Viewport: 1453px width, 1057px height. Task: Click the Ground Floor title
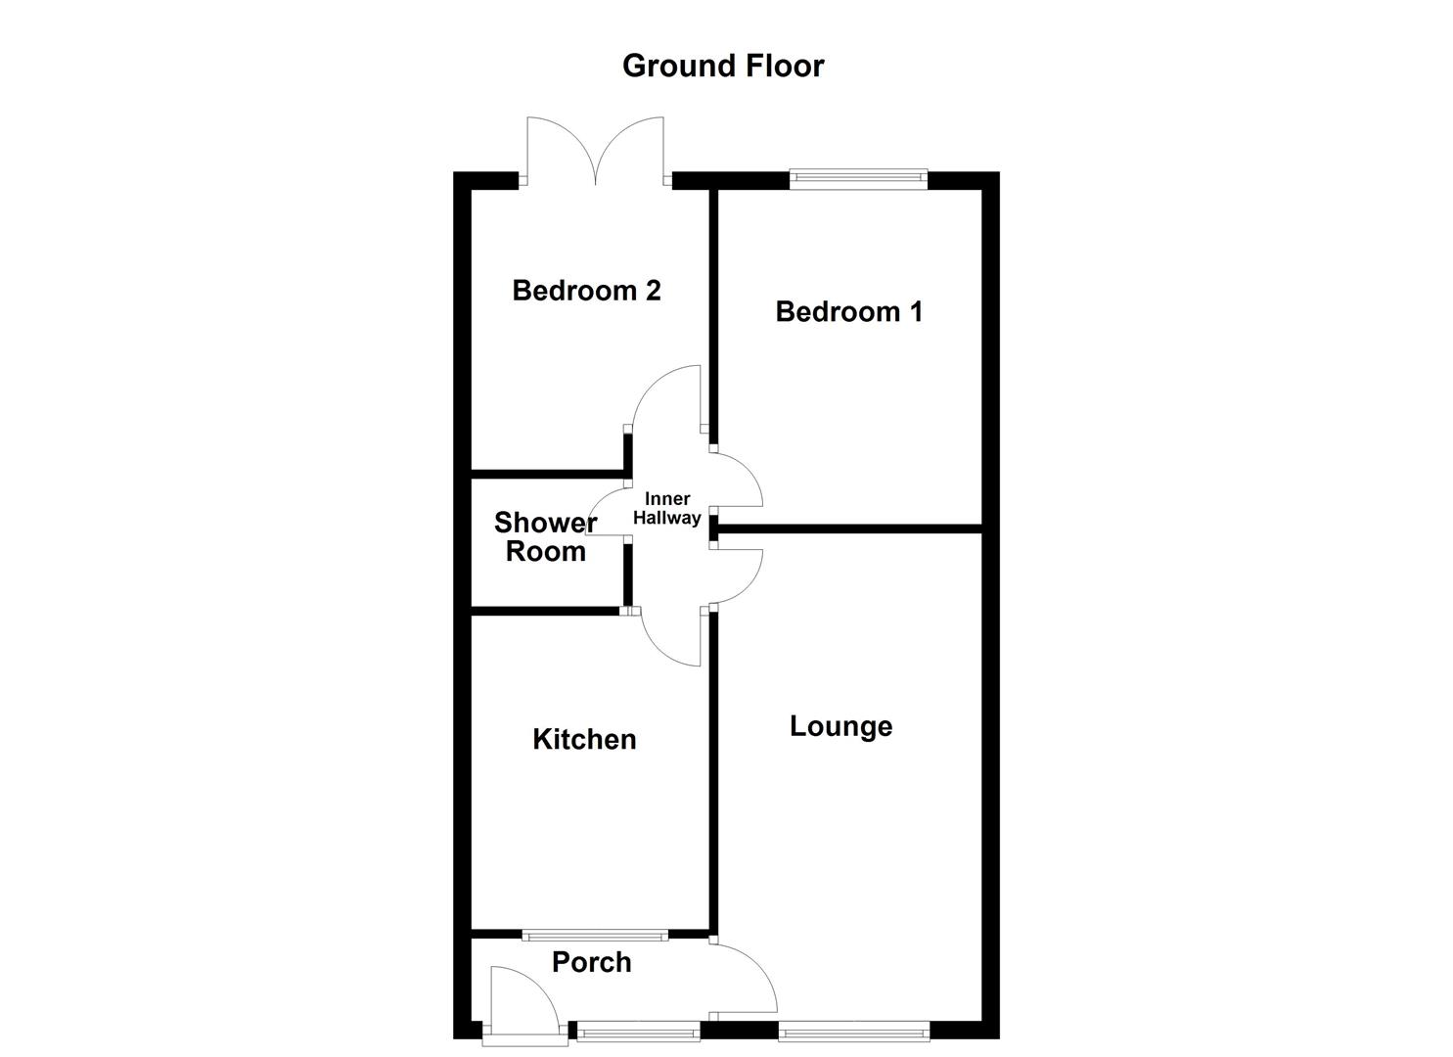click(723, 66)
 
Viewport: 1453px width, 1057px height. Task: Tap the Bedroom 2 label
click(586, 291)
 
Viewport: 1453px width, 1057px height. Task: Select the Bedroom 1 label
click(848, 312)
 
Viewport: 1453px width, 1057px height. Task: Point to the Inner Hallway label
click(666, 509)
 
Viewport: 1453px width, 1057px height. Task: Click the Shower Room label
click(545, 537)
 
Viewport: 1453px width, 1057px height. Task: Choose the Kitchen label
click(584, 739)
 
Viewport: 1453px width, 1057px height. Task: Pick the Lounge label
click(840, 726)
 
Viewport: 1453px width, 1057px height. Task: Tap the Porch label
click(591, 962)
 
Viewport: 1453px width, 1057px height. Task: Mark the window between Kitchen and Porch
click(594, 935)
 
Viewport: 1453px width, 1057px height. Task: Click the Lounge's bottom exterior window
click(853, 1029)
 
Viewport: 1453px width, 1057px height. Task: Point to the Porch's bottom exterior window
click(638, 1029)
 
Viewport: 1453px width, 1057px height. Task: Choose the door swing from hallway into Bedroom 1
click(739, 480)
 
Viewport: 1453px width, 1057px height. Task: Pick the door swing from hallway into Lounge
click(739, 577)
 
